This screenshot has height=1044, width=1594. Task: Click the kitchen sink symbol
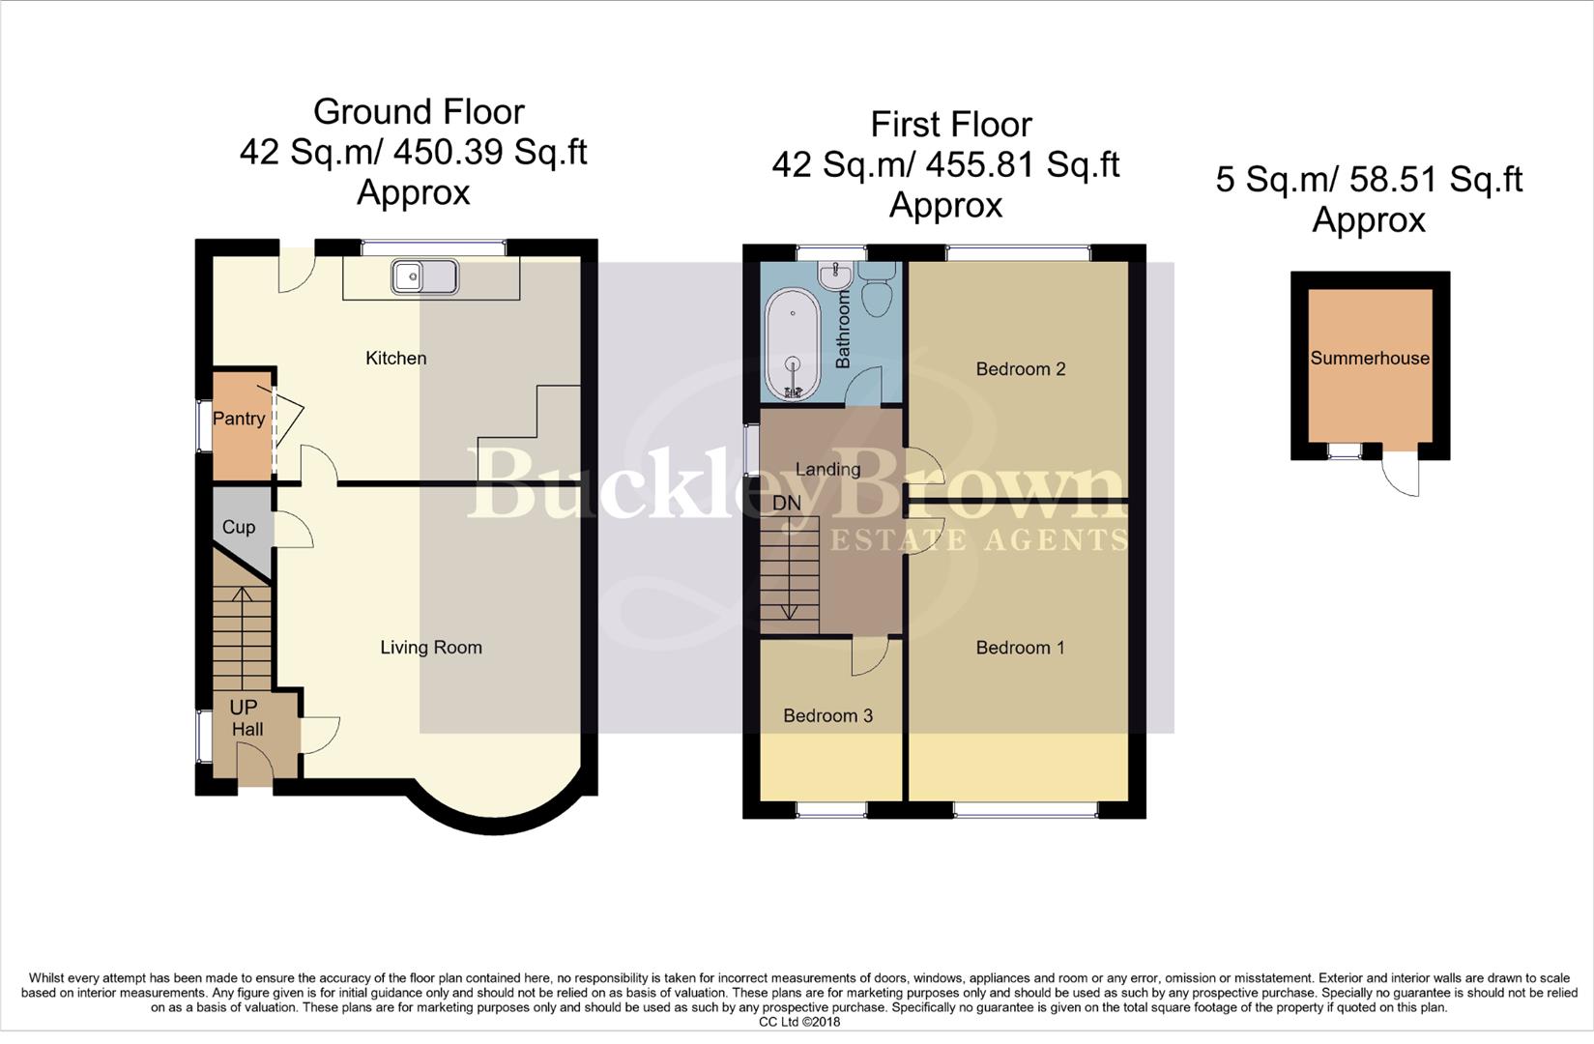(x=424, y=276)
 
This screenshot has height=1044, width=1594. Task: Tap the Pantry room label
(x=239, y=419)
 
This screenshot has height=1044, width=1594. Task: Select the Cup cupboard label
(x=239, y=527)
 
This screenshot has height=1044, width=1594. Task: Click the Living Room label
(x=431, y=648)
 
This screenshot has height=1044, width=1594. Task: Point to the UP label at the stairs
(x=244, y=708)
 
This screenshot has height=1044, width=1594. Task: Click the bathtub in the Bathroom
(x=793, y=348)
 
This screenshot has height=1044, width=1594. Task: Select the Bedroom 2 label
(x=1021, y=368)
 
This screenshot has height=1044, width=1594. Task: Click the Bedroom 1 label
(x=1020, y=648)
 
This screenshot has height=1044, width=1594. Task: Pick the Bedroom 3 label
(x=827, y=715)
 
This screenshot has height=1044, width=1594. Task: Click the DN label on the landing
(x=787, y=504)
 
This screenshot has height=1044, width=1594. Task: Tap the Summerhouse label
(x=1370, y=358)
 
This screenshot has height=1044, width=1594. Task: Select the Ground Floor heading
(x=419, y=112)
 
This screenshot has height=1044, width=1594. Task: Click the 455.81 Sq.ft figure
(x=1023, y=165)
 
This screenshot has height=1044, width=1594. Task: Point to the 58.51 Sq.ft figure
(x=1427, y=180)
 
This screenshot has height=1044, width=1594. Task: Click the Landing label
(x=827, y=469)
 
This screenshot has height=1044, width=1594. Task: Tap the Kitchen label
(x=395, y=358)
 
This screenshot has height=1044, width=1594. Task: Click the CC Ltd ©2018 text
(x=799, y=1022)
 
